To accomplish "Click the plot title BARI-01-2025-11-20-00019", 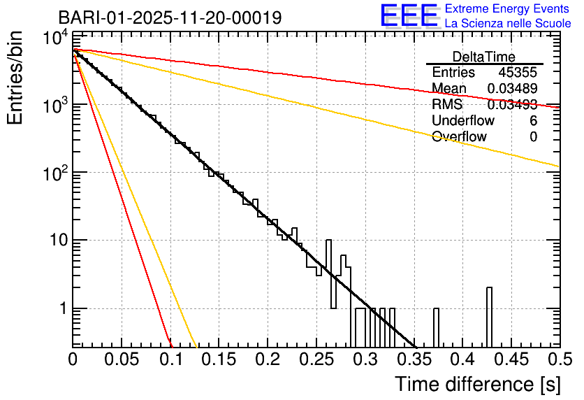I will coord(170,17).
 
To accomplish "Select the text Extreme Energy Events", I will coord(508,9).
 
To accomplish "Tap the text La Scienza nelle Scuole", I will coord(508,24).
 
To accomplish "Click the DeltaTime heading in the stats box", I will coord(483,57).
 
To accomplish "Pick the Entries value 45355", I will coord(518,73).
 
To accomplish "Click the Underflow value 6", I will coord(533,121).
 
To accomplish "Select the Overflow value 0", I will coord(533,137).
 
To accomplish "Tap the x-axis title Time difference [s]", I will coord(476,384).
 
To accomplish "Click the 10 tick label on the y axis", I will coord(53,241).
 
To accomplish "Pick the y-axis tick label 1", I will coord(61,308).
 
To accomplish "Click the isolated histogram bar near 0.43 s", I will coord(490,317).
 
